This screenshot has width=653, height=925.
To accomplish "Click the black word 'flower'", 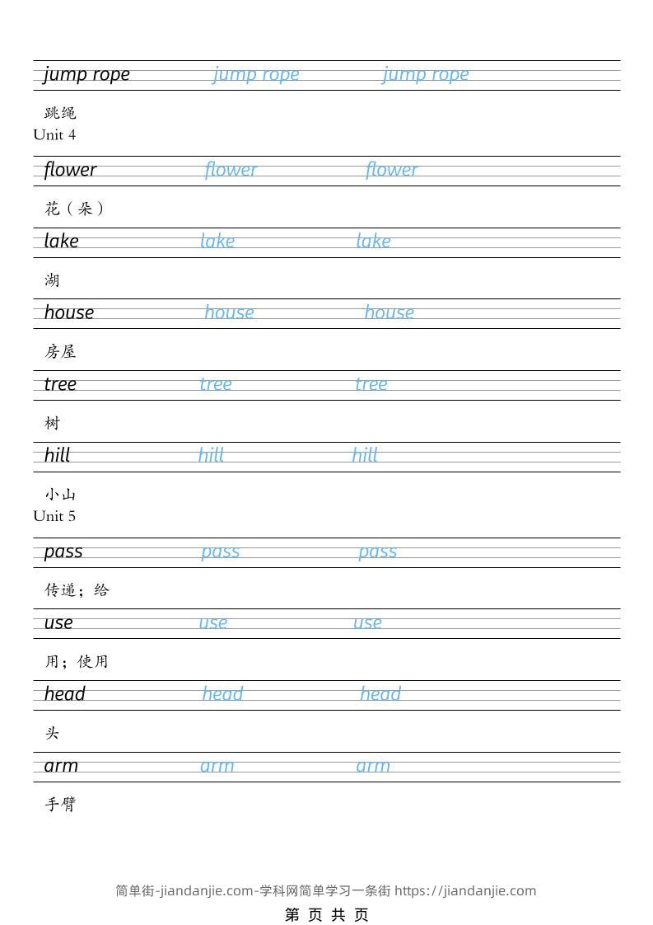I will pos(70,170).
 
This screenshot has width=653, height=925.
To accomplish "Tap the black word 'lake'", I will pos(62,241).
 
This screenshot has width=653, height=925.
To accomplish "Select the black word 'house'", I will pos(69,312).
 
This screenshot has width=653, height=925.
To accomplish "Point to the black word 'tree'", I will pos(60,384).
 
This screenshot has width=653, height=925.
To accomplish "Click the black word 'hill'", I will pos(58,455).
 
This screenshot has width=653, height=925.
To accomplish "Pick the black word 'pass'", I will pos(63,552).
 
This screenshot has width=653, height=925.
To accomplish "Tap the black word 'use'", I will pos(58,623).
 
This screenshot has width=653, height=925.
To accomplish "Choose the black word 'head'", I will pos(65,694).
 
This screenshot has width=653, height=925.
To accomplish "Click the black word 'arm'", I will pos(61,766).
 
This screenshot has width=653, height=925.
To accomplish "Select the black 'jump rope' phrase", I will pos(86,74).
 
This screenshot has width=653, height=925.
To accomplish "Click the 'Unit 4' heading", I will pos(54,134).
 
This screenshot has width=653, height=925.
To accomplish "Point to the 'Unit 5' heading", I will pos(54,516).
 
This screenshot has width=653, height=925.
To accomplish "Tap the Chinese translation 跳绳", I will pos(60,113).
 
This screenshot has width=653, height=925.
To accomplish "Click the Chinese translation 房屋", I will pos(60,352).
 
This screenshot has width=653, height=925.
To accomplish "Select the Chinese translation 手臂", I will pos(60,805).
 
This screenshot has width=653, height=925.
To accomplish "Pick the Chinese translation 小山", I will pos(60,495).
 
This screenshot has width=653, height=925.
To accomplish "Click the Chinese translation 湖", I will pos(53,280).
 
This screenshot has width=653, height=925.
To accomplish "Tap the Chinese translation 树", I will pos(53,424).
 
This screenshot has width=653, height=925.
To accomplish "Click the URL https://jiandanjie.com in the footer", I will pos(465,890).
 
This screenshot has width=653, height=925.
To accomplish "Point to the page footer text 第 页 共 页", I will pos(327,914).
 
